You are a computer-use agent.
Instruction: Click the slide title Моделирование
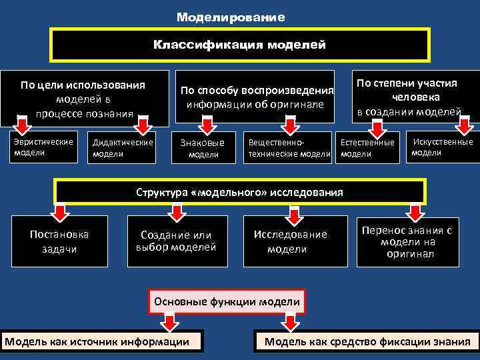pos(231,17)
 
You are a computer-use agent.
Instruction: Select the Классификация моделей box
pos(240,45)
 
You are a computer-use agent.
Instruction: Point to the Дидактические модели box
pos(123,148)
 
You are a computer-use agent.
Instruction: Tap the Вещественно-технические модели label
pos(289,148)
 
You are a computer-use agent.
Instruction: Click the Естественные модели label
pos(367,148)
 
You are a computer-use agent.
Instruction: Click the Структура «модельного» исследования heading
pos(239,192)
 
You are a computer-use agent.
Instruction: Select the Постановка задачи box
pos(59,241)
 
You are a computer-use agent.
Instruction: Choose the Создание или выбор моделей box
pos(176,241)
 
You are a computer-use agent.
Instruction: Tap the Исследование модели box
pos(291,241)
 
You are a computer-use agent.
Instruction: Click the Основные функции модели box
pos(227,301)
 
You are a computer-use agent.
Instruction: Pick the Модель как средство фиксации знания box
pos(367,343)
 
